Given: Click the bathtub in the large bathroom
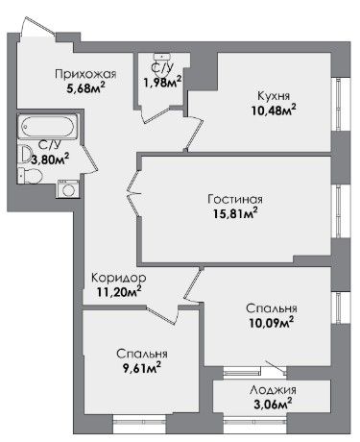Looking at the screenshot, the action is pyautogui.click(x=48, y=127).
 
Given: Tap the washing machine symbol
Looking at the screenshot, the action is pyautogui.click(x=68, y=189).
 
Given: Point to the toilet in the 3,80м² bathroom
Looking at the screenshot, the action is pyautogui.click(x=30, y=176).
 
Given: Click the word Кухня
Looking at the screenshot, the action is pyautogui.click(x=274, y=96).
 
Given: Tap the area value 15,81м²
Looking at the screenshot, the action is pyautogui.click(x=235, y=213).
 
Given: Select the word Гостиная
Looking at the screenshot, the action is pyautogui.click(x=235, y=199).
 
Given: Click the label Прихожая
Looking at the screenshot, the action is pyautogui.click(x=85, y=75).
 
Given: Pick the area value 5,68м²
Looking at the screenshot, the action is pyautogui.click(x=85, y=87).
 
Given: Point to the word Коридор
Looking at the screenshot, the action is pyautogui.click(x=119, y=278).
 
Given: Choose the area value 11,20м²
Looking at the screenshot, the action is pyautogui.click(x=119, y=291).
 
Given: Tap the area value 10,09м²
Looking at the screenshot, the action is pyautogui.click(x=272, y=322).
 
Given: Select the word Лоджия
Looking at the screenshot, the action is pyautogui.click(x=273, y=390).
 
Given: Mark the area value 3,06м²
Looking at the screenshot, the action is pyautogui.click(x=273, y=405).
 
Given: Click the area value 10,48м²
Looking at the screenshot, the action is pyautogui.click(x=274, y=110).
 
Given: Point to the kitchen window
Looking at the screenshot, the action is pyautogui.click(x=338, y=104).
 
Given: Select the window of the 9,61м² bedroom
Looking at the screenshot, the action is pyautogui.click(x=139, y=420).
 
